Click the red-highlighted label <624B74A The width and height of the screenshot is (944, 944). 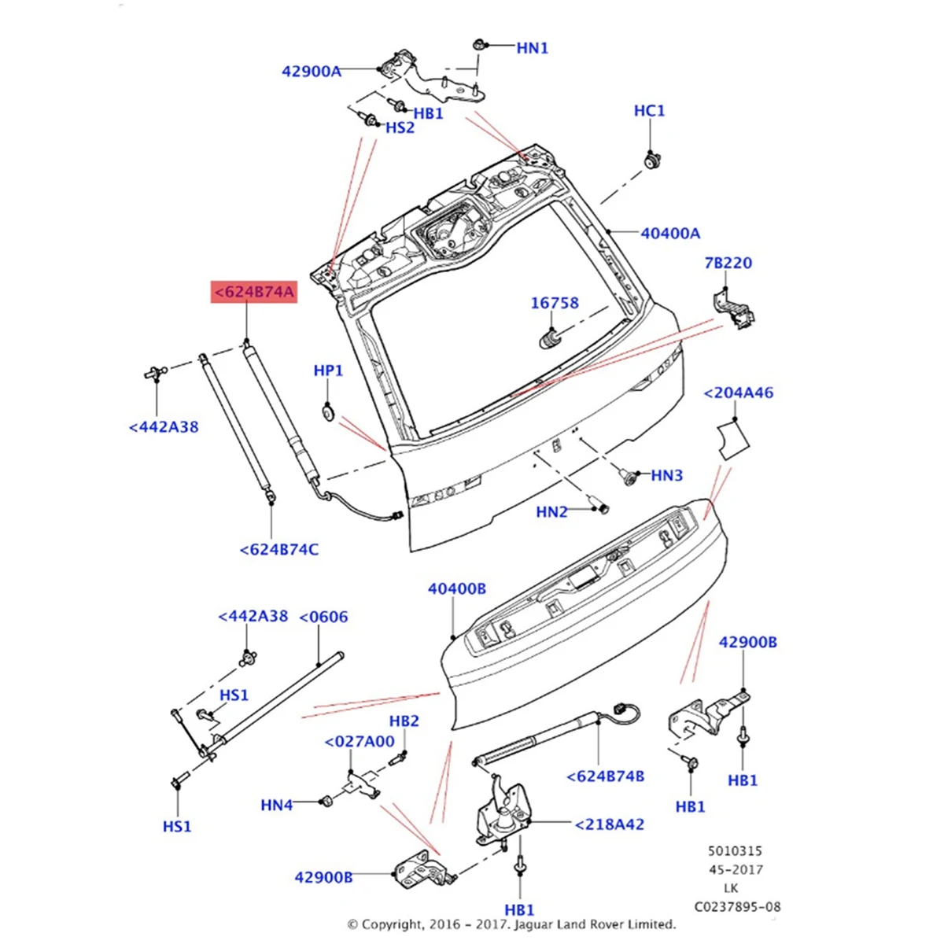253,293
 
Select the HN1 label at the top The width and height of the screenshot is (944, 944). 532,48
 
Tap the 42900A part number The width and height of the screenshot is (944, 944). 312,72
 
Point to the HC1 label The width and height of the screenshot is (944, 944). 649,111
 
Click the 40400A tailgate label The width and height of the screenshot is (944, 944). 670,233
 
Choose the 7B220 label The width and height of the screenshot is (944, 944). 728,263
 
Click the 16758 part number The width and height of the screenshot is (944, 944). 555,303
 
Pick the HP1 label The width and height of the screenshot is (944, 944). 328,371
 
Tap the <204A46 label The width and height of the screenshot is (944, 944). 738,393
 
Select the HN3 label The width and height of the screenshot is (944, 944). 667,475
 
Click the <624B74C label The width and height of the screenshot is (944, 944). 278,549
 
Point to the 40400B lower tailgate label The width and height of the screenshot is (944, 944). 457,588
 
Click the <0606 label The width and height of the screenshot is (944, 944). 323,617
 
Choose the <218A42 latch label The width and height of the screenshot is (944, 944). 609,824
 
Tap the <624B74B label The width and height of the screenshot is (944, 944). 605,776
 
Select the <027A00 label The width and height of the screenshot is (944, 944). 360,741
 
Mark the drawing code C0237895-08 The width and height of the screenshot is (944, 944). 736,907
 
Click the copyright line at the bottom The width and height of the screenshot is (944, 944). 511,924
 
